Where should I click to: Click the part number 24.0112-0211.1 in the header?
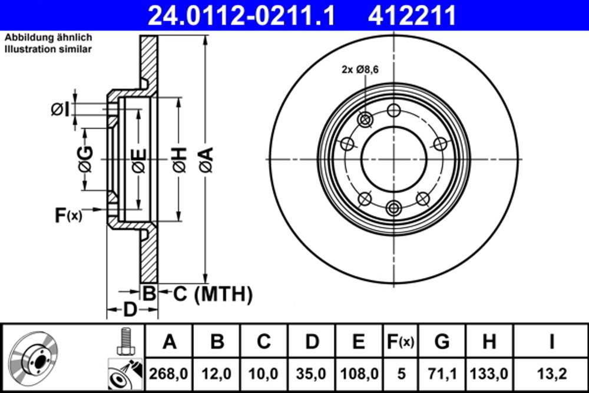click(241, 15)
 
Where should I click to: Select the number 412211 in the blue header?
click(412, 15)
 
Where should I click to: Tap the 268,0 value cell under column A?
click(168, 374)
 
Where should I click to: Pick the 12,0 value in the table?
click(216, 374)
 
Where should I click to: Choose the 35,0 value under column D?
click(311, 374)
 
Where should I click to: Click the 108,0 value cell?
click(359, 374)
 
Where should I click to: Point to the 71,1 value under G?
click(442, 374)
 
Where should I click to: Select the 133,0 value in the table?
click(489, 374)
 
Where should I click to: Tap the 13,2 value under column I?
click(551, 374)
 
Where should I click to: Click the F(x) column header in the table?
click(401, 342)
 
